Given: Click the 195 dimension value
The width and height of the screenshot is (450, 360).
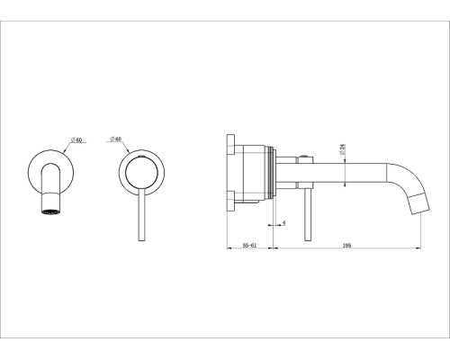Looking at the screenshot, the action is click(346, 245).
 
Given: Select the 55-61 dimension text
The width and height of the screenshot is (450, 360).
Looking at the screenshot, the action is click(249, 245).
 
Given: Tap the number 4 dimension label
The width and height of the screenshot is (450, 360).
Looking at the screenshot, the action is click(284, 223).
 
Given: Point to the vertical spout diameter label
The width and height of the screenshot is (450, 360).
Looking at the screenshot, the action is click(342, 149).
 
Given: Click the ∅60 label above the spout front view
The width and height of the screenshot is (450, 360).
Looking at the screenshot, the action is click(76, 139).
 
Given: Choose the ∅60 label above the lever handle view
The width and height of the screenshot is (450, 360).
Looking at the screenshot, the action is click(115, 139).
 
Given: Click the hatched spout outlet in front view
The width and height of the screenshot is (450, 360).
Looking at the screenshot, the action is click(51, 211).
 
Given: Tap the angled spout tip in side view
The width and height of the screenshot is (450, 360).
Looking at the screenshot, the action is click(418, 204).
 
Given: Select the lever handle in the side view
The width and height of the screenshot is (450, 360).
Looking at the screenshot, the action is click(308, 215).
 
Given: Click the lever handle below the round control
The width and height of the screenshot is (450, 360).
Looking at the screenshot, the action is click(142, 215).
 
